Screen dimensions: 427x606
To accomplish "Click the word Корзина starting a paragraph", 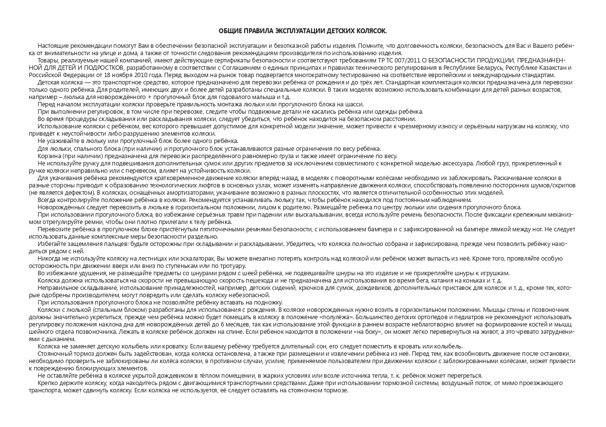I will [49, 156].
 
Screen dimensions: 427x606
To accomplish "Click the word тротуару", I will [231, 265].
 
